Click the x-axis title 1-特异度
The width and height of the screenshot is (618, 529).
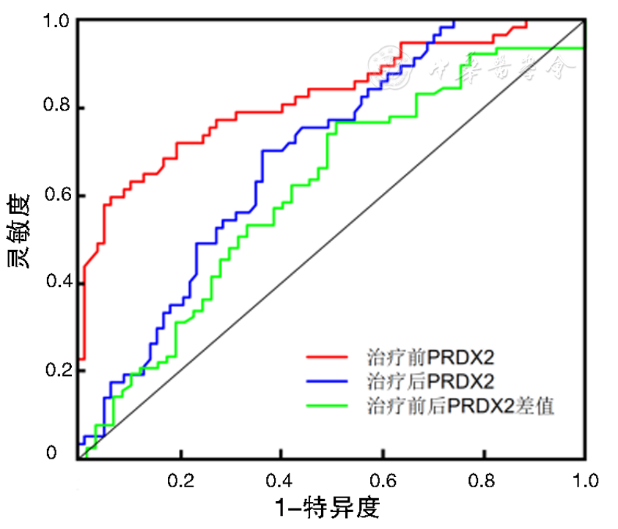coord(328,507)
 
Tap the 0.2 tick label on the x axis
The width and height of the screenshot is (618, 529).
coord(180,481)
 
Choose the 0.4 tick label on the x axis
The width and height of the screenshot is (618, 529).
coord(282,481)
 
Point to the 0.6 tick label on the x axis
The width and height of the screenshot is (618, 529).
coord(382,481)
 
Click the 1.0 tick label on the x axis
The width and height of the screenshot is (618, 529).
coord(585,481)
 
